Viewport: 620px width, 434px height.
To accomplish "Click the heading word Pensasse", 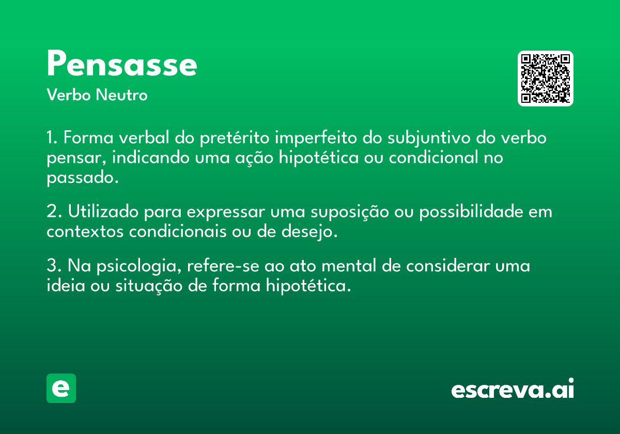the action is [122, 63].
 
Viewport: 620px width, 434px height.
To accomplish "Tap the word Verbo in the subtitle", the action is [69, 95].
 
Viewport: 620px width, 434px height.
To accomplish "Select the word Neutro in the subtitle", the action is [121, 95].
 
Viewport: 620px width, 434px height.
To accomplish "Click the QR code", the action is [545, 79].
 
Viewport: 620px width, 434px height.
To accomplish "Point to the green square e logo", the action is [61, 388].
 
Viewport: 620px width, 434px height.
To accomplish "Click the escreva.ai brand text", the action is [513, 389].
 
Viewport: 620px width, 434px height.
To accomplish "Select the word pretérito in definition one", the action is [235, 138].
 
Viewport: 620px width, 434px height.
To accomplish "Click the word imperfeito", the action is [316, 138].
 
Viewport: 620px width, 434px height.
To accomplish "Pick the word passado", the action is [83, 178].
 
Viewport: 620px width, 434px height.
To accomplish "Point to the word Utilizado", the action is [103, 211].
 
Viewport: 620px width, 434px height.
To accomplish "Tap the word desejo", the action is [309, 232].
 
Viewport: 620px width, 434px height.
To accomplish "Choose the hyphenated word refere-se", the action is [223, 266].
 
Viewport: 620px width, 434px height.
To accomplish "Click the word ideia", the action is [66, 285].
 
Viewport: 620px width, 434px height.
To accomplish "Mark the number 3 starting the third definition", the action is [52, 266].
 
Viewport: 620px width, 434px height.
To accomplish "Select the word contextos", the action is [85, 232].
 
